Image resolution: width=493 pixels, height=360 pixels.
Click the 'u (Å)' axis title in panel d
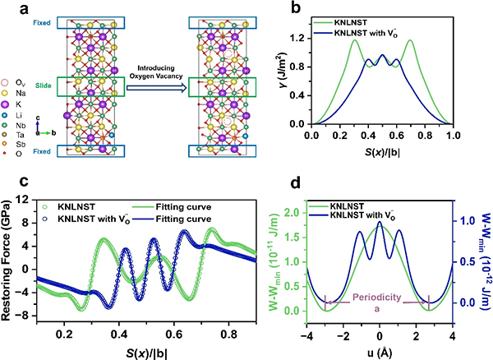point(379,349)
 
